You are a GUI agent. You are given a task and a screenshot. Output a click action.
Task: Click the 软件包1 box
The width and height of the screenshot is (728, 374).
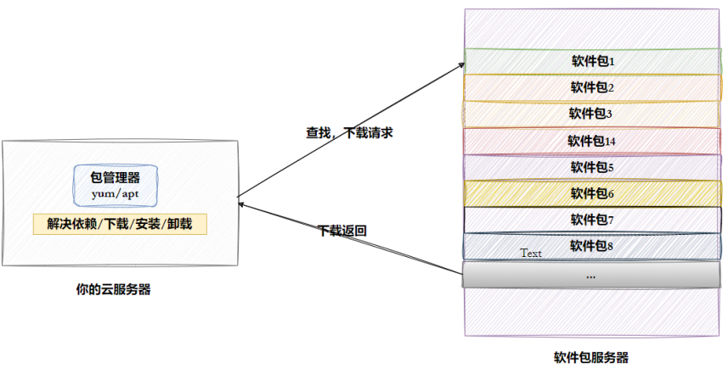coord(591,61)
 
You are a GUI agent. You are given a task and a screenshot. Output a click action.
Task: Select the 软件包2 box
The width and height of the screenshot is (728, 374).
coord(591,87)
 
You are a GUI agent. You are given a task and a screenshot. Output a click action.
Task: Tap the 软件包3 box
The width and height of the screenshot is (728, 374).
coord(591,114)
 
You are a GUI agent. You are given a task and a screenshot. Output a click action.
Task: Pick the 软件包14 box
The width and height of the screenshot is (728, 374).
coord(591,141)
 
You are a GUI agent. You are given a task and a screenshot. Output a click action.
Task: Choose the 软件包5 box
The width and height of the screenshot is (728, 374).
coord(591,167)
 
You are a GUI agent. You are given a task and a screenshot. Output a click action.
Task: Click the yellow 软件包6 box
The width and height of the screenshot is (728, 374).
coord(591,193)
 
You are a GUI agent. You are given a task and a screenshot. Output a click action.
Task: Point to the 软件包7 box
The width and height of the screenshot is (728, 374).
coord(591,220)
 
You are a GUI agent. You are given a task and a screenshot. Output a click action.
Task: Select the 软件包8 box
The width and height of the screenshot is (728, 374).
coord(591,246)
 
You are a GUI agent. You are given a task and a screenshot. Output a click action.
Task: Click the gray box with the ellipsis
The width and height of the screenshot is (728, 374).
coord(591,276)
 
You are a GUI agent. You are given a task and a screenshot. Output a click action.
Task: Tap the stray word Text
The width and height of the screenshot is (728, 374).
coord(531,253)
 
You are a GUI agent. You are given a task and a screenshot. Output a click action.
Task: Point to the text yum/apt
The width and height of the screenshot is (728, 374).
coord(116,194)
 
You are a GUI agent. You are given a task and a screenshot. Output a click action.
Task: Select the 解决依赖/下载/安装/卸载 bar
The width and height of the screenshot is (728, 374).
coord(120,225)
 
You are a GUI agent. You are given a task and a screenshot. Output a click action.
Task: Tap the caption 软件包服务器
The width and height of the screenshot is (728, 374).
coord(591,357)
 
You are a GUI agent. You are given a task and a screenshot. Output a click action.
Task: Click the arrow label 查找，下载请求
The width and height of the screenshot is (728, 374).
coord(349,133)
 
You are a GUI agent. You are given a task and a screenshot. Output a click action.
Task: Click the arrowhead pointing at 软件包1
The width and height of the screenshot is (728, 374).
coord(461,64)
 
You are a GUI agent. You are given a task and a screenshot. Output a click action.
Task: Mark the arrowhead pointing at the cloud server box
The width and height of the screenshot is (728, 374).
coord(242,203)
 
